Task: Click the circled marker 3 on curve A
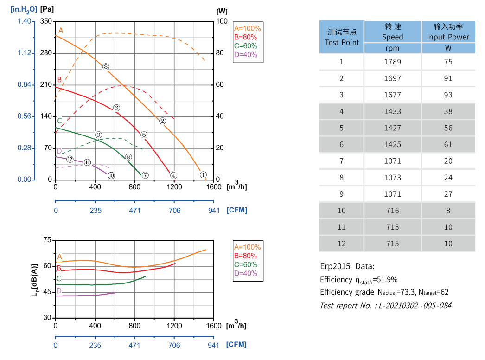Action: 106,67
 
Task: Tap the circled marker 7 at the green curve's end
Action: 145,175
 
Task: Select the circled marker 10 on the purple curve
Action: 111,175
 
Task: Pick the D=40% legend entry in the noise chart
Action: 245,273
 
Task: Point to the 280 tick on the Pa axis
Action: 46,53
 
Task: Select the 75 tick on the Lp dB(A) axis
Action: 47,240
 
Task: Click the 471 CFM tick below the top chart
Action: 134,210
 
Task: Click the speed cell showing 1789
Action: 392,62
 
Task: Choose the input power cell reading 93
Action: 448,95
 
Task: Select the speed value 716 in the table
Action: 392,211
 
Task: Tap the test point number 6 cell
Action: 342,144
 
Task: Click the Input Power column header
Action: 448,32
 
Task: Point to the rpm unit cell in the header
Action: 392,48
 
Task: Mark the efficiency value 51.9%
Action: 385,280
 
